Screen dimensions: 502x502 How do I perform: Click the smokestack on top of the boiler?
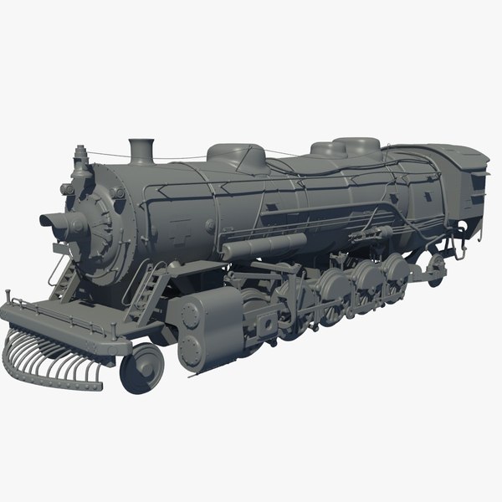click(142, 151)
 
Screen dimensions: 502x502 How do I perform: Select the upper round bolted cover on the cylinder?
click(192, 316)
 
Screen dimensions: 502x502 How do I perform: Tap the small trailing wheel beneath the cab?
click(434, 266)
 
